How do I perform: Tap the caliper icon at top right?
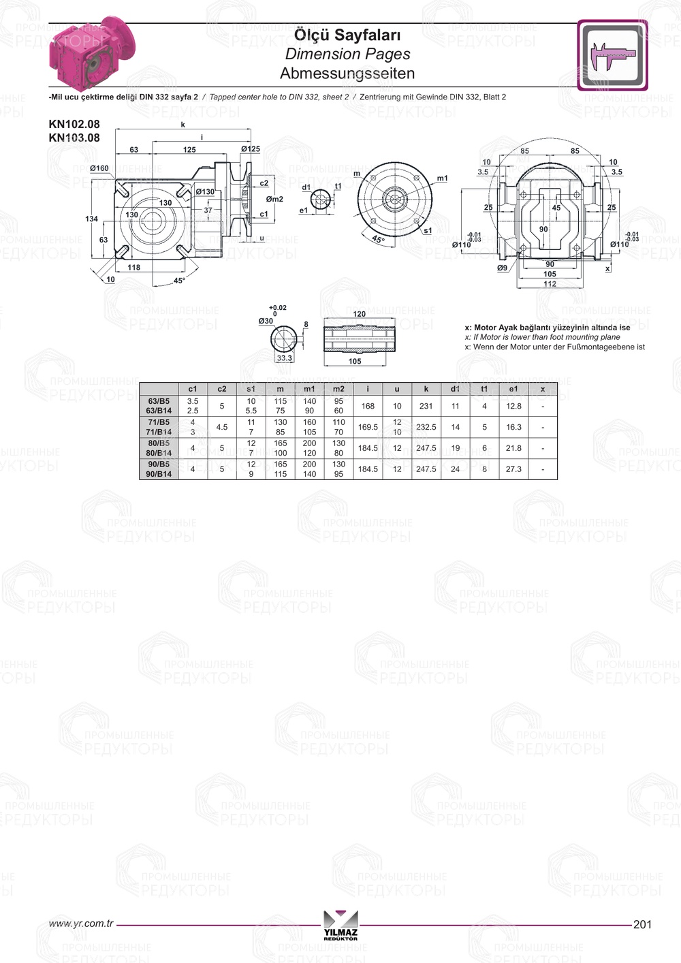click(612, 54)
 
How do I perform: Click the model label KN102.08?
click(74, 124)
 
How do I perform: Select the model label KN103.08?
click(74, 138)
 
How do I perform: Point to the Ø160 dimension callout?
click(99, 168)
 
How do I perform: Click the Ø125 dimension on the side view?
click(251, 148)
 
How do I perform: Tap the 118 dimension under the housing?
click(134, 268)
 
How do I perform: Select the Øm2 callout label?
click(274, 199)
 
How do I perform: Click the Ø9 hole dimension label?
click(502, 268)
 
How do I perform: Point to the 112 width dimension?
click(550, 284)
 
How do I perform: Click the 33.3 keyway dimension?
click(284, 358)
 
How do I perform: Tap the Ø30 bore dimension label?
click(266, 321)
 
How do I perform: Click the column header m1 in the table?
click(309, 389)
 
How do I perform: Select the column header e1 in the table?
click(513, 389)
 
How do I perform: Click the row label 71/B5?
click(159, 422)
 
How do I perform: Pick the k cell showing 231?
click(426, 406)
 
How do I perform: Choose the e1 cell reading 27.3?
click(513, 469)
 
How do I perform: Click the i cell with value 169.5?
click(368, 427)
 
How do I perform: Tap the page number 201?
click(642, 924)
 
